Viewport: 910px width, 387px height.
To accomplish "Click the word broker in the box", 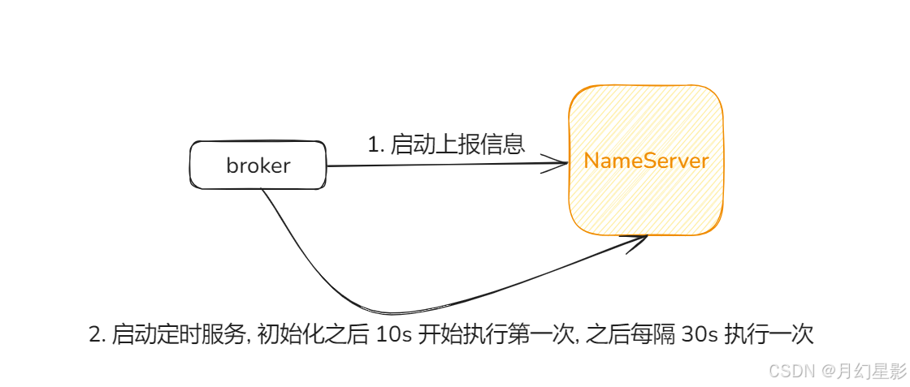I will click(258, 166).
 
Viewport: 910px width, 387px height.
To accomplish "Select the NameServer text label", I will click(646, 161).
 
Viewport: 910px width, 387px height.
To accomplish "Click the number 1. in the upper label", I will click(375, 145).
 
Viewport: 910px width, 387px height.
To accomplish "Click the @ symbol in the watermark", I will click(829, 372).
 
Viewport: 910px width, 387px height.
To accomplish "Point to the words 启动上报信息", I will click(458, 144).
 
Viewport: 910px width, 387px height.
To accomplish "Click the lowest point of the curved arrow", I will click(382, 313).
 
